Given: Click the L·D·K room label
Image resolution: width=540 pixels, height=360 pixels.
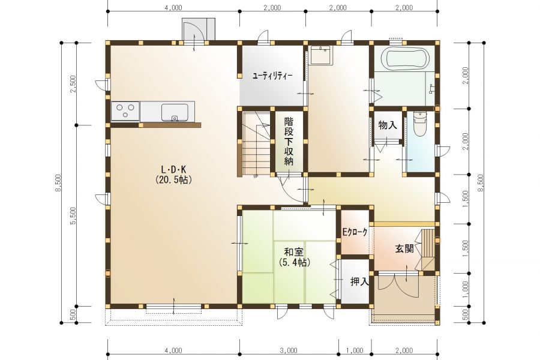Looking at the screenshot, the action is coord(173,169).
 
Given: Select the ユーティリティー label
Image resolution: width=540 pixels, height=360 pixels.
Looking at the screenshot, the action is coord(272,76).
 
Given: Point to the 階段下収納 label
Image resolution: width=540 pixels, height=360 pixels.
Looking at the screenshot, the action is coord(289,141).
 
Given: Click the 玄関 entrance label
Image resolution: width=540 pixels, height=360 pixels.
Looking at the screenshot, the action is coord(404,248).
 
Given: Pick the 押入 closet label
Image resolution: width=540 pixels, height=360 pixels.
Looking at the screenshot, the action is coord(359,282).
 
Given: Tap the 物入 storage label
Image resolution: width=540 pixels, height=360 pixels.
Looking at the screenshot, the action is coord(388,125).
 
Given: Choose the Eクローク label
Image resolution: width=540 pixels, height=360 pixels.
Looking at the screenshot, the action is coord(355,232).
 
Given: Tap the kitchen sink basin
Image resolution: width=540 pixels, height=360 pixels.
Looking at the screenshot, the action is coord(175,112).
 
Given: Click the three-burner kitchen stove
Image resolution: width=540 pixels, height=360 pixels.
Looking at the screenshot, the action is coord(125,111).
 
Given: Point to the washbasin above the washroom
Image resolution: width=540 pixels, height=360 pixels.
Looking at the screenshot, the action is coord(321,55).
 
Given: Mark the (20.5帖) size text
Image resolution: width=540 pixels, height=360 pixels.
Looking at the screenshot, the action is coord(173,179).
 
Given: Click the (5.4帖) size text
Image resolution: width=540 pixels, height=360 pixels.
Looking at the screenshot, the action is coord(294,263).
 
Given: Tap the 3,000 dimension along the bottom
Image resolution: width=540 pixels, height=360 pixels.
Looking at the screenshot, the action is coord(289,350).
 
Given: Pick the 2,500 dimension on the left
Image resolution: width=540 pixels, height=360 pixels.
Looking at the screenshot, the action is coord(73,84).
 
